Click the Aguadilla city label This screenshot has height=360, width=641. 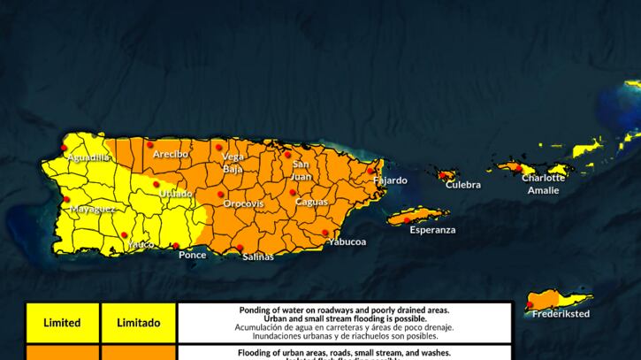click(x=88, y=157)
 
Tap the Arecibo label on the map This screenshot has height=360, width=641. click(x=170, y=154)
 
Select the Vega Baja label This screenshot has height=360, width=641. click(x=233, y=162)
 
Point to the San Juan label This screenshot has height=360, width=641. click(x=301, y=170)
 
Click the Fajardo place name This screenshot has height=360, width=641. click(x=390, y=180)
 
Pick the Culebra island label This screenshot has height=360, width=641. click(x=463, y=185)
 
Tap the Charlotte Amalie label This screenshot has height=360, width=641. click(x=543, y=184)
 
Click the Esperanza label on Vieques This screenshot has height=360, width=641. click(x=432, y=230)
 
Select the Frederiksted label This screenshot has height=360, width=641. click(x=561, y=313)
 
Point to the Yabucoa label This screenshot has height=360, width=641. click(x=346, y=241)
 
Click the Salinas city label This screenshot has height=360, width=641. click(x=258, y=257)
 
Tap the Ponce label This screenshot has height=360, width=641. click(x=192, y=255)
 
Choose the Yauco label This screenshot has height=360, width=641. click(x=141, y=244)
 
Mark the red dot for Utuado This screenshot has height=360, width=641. click(x=156, y=184)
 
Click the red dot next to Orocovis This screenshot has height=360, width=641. click(x=220, y=194)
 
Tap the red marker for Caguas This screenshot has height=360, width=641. click(x=293, y=192)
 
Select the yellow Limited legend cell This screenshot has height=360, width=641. click(x=62, y=323)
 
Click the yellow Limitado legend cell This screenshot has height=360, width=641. click(x=139, y=323)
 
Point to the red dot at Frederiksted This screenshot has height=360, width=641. click(x=530, y=305)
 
